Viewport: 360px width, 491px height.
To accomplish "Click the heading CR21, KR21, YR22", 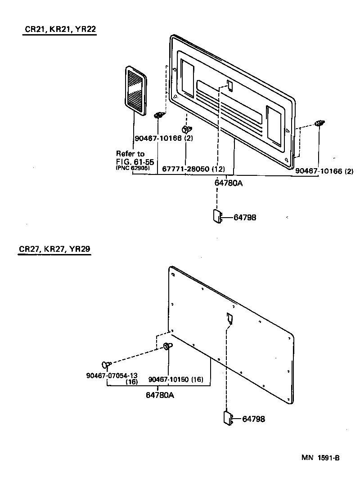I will [60, 30].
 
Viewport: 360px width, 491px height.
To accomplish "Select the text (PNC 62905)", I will [133, 168].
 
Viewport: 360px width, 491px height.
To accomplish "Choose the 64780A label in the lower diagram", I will [160, 395].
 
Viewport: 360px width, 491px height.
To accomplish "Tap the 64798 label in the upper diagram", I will [245, 217].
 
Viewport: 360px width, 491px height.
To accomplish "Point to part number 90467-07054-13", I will [118, 375].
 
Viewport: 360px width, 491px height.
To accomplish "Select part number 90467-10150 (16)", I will [176, 379].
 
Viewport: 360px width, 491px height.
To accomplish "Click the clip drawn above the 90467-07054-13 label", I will [106, 364].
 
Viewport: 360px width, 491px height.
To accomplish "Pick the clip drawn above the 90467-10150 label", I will [167, 346].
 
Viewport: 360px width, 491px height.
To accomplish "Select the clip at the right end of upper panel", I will [319, 123].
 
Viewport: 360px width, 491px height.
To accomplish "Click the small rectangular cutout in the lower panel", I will [229, 318].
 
